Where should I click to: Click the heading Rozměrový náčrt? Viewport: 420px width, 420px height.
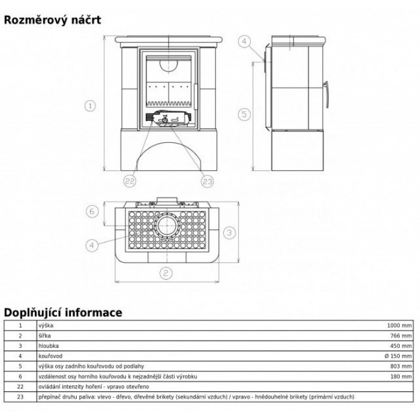point(53,20)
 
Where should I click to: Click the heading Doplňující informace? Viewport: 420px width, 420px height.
point(63,313)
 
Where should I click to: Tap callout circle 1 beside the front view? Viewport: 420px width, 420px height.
point(90,106)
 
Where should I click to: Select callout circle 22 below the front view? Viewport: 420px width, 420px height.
point(130,181)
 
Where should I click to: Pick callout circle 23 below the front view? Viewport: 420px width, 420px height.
point(208,181)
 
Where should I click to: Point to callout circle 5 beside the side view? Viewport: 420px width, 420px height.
point(244,115)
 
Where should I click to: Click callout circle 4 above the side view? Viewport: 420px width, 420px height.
point(244,41)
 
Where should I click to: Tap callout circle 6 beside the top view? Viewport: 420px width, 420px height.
point(92,211)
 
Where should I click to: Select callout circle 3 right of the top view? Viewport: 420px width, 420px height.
point(229,232)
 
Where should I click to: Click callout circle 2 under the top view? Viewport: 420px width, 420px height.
point(166,273)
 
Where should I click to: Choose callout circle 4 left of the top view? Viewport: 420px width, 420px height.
point(92,245)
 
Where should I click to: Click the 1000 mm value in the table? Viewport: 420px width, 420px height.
point(399,325)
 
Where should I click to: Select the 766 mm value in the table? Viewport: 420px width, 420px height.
point(401,335)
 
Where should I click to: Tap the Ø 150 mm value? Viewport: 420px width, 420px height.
point(398,356)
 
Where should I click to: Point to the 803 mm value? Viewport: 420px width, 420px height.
point(401,366)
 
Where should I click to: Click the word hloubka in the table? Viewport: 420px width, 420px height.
point(49,346)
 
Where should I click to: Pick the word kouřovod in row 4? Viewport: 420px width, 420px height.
point(50,356)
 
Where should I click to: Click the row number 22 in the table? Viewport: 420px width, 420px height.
point(20,386)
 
